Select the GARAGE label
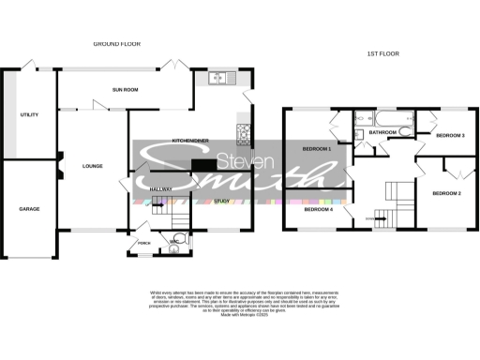(x=29, y=210)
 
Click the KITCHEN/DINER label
(x=189, y=140)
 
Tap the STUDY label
(x=221, y=200)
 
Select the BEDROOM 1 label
(x=316, y=149)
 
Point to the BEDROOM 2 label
(x=446, y=193)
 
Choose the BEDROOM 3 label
(x=450, y=136)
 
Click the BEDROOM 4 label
(x=318, y=209)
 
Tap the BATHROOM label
(x=382, y=133)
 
